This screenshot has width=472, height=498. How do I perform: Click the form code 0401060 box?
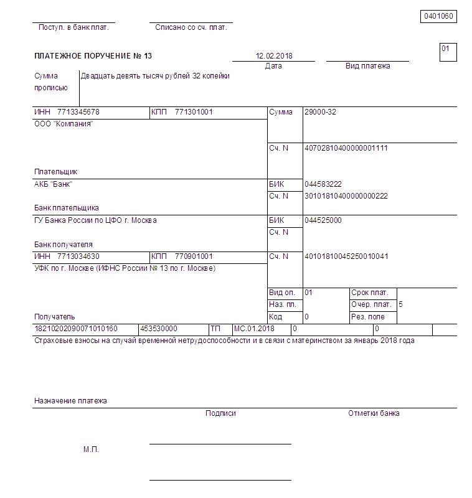[x=439, y=16]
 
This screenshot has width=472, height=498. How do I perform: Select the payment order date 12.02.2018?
[x=274, y=56]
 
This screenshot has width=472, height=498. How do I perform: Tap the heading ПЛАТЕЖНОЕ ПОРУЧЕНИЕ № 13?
[x=93, y=56]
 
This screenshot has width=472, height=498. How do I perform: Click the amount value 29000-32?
[x=320, y=112]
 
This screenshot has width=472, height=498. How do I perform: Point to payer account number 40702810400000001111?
[x=346, y=148]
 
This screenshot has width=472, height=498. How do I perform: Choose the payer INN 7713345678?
[x=78, y=112]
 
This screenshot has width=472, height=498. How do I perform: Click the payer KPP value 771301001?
[x=194, y=112]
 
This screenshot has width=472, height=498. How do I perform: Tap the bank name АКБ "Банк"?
[x=54, y=184]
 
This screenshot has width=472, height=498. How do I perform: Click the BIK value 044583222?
[x=323, y=184]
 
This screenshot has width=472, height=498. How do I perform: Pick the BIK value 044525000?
[x=323, y=220]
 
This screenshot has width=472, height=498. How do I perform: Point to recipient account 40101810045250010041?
[x=346, y=256]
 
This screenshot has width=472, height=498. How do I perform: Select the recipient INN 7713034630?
[x=78, y=256]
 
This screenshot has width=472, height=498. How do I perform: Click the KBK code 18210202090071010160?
[x=76, y=329]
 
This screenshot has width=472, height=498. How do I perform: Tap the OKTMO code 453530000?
[x=159, y=329]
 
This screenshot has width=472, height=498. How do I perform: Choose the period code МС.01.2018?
[x=253, y=329]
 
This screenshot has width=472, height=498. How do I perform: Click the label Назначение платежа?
[x=70, y=401]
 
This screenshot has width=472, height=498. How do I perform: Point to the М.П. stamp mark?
[x=91, y=449]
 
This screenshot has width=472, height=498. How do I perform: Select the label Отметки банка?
[x=374, y=413]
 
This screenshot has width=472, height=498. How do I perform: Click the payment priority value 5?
[x=400, y=305]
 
